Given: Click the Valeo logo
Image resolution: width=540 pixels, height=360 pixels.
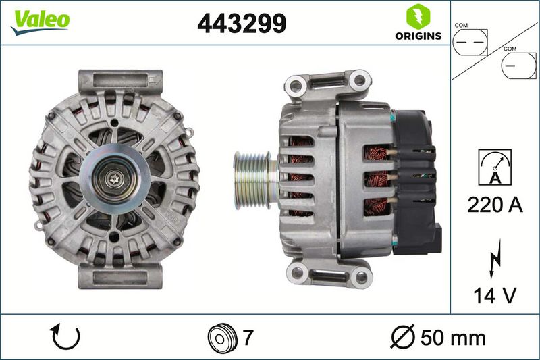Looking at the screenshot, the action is (40, 22).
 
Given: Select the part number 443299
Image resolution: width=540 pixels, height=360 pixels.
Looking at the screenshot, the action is (242, 24).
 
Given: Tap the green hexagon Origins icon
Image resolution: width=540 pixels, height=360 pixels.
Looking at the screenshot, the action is (418, 16).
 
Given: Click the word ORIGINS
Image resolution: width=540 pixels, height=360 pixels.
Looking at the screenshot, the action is (418, 36).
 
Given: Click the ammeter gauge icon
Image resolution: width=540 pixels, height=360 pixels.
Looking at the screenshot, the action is (495, 168).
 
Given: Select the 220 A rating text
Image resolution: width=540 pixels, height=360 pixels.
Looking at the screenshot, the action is (495, 205).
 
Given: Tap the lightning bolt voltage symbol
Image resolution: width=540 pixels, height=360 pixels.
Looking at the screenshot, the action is (495, 259).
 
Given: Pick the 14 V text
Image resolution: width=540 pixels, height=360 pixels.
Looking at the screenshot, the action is (495, 296).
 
